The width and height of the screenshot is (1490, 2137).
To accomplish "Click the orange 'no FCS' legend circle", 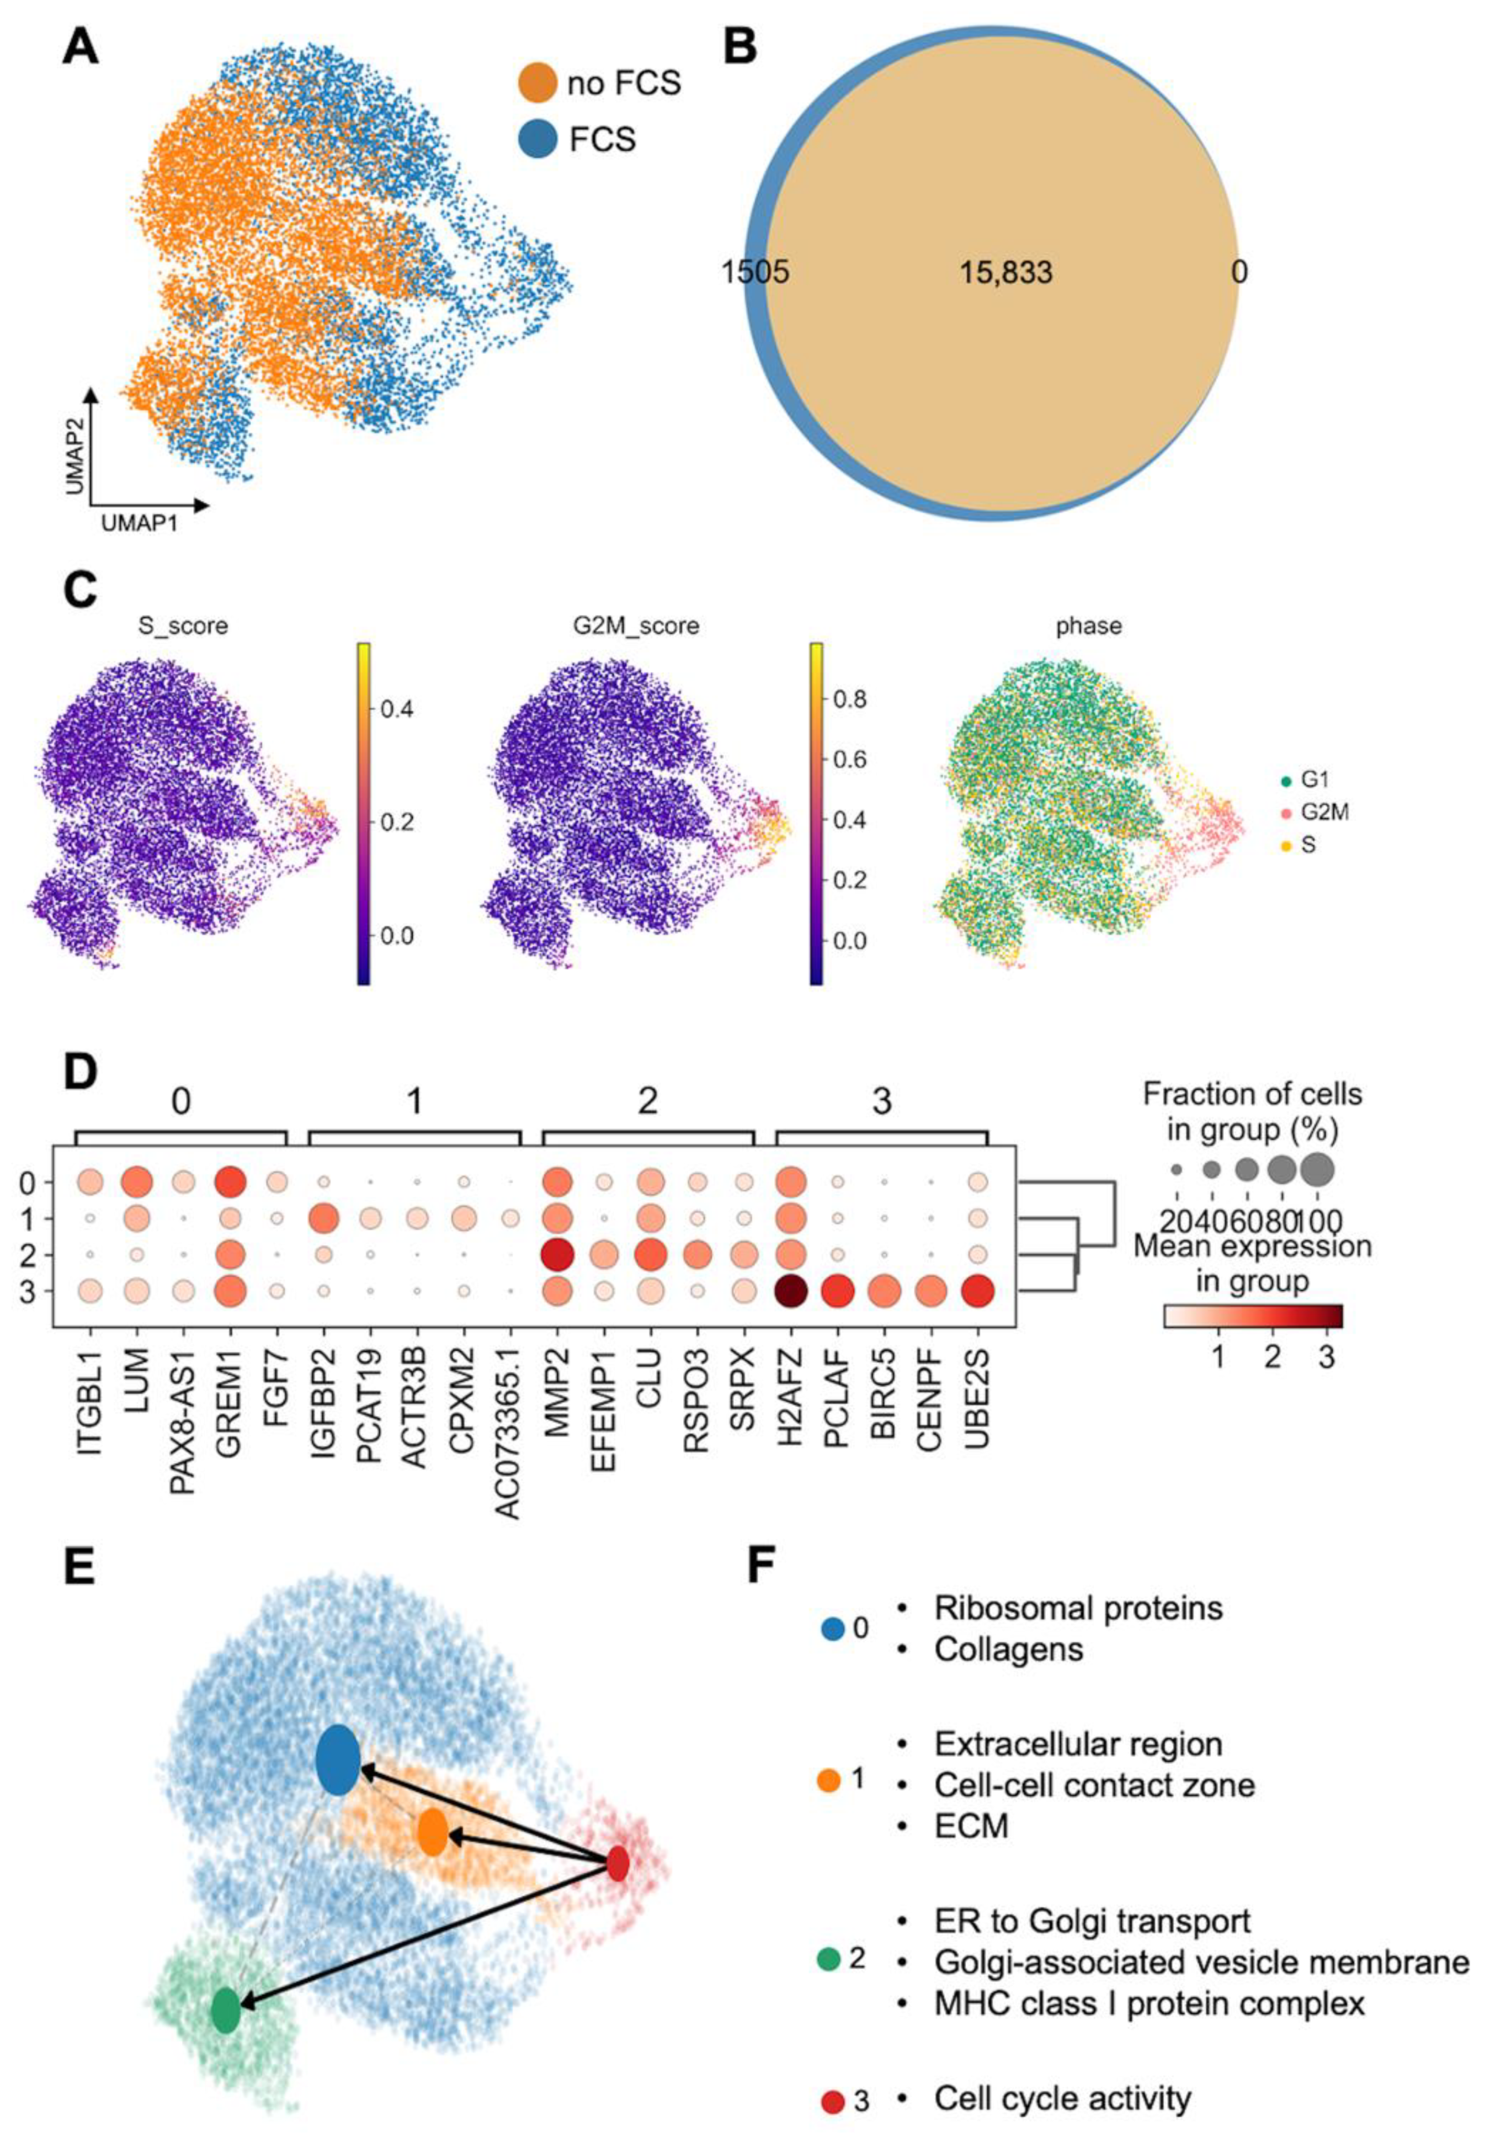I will coord(539,83).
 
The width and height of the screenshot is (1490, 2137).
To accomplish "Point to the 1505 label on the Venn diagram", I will coord(755,273).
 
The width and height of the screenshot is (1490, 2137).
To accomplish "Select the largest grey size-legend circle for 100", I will coord(1316,1169).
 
